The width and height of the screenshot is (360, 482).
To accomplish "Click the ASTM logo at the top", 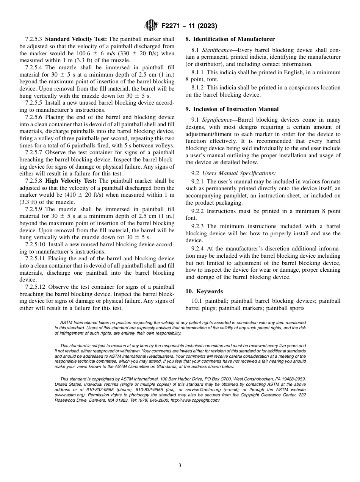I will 152,26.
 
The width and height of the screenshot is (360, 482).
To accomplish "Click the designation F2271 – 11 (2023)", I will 189,26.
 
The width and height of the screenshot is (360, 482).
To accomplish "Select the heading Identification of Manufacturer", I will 230,39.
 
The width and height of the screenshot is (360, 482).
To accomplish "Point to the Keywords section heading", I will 209,291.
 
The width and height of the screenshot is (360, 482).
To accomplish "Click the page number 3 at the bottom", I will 180,466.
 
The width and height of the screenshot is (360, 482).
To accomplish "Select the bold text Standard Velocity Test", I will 76,39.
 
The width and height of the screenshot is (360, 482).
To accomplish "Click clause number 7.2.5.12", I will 35,287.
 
